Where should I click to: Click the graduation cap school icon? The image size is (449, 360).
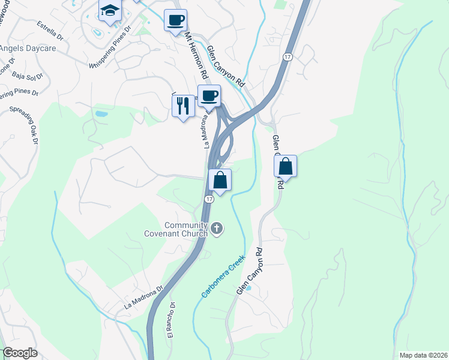pos(110,10)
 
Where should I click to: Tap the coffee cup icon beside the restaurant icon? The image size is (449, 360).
pos(209,96)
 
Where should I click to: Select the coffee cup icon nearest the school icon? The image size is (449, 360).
pos(175,20)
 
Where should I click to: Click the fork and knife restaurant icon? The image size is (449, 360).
pos(184,106)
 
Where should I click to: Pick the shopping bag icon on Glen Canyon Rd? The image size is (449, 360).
pos(286,166)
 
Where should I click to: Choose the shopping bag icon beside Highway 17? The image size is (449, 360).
pos(220,180)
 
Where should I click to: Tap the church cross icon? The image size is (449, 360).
pos(217,228)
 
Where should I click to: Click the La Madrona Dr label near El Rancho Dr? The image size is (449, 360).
pos(144,297)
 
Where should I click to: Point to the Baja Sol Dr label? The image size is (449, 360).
pos(29,75)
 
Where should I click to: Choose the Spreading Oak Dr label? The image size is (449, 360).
pos(24,123)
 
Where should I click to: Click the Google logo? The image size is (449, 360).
pos(20,353)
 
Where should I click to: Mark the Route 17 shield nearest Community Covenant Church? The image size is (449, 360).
pos(208,199)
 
